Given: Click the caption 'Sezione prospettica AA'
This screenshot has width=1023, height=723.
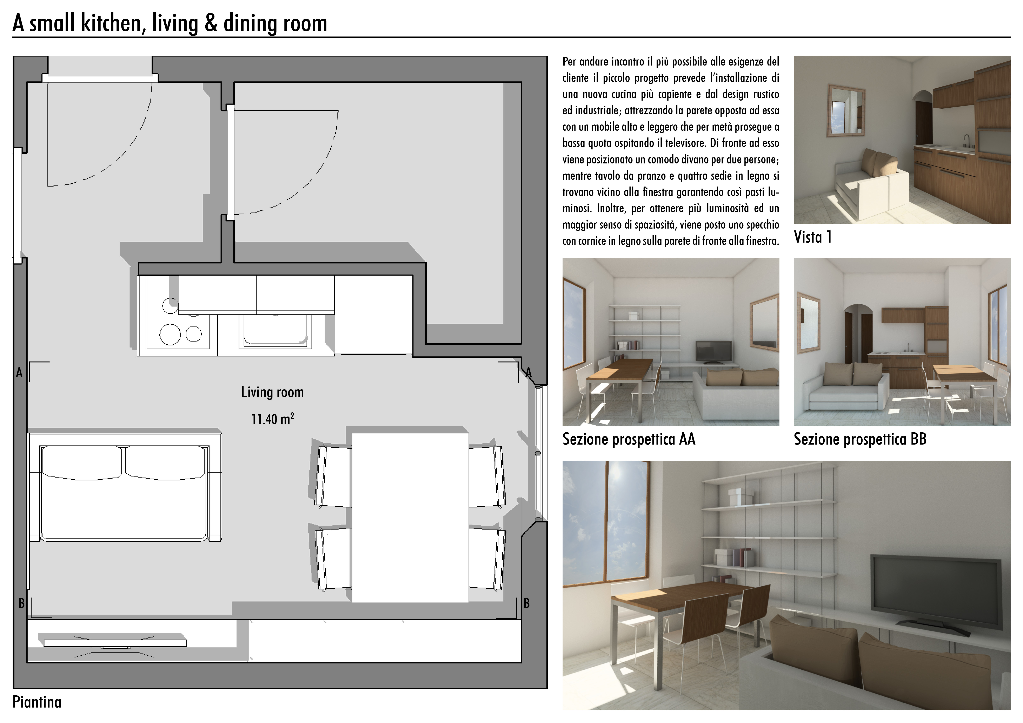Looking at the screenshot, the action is tap(629, 439).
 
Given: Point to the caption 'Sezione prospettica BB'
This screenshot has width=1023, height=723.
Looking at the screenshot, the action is tap(860, 439).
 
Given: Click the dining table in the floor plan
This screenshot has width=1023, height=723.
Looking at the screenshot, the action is tap(410, 518).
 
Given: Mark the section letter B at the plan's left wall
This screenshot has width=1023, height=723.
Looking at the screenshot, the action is tap(21, 604).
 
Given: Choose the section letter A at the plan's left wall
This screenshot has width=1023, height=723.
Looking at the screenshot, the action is tap(19, 373).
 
